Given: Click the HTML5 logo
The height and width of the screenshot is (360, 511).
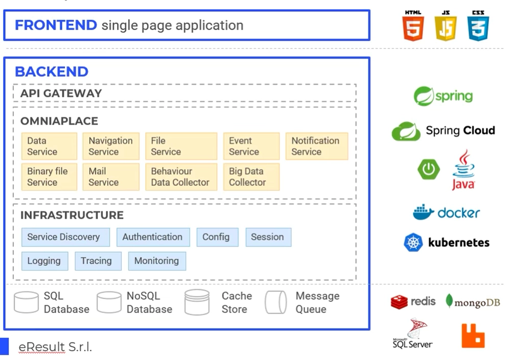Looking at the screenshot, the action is click(x=413, y=26).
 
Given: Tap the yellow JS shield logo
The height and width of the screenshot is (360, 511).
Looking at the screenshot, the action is click(x=446, y=26).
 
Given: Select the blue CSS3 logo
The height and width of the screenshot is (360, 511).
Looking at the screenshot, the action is click(x=478, y=26).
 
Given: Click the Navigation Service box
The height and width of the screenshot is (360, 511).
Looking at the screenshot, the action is click(x=111, y=146).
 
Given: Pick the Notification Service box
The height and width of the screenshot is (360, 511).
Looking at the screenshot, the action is click(x=317, y=146).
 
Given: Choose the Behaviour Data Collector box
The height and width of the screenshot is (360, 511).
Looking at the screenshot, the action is click(x=181, y=177).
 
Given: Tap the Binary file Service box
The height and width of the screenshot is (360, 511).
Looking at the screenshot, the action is click(x=49, y=177).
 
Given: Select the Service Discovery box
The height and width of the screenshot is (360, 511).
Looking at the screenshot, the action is click(x=65, y=237).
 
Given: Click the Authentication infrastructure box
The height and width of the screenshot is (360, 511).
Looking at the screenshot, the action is click(x=153, y=237).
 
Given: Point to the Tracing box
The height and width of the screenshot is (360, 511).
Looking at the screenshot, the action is click(x=98, y=261).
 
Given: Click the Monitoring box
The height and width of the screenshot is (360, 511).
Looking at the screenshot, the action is click(x=157, y=261).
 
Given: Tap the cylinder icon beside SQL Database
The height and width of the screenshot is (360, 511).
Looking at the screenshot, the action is click(x=27, y=302).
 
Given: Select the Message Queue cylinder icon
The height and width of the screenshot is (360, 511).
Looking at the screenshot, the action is click(x=276, y=302).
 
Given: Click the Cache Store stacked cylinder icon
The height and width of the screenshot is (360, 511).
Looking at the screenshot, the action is click(x=197, y=302).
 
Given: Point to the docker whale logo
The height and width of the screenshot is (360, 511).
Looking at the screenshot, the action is click(x=423, y=212).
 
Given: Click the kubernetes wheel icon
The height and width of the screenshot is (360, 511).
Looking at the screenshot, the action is click(x=413, y=243).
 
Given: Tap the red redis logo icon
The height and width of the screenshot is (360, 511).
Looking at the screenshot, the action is click(x=399, y=302).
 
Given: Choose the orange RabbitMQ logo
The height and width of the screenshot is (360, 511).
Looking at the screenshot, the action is click(x=473, y=336).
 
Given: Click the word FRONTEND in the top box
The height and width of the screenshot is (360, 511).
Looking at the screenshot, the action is click(x=56, y=25).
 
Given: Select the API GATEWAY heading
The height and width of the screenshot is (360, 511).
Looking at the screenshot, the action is click(x=61, y=93).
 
